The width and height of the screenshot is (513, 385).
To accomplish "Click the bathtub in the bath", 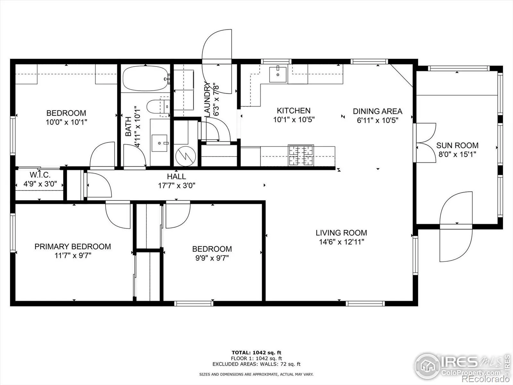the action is coord(145,78).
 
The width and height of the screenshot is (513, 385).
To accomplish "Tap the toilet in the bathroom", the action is coord(158,107).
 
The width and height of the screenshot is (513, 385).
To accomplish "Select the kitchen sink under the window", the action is coord(278,74).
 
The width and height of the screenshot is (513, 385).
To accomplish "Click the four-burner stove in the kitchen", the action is coord(301,155).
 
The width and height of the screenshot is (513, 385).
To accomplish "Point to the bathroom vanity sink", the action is coord(159,143).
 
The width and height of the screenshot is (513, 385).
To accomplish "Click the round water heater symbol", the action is coord(186,156).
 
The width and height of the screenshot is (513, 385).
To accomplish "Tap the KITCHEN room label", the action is coord(294,111).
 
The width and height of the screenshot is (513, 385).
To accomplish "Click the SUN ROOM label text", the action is coord(457,145).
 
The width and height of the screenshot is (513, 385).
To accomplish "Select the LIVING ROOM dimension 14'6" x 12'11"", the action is coord(341,242).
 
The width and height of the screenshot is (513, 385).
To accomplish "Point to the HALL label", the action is coord(176,176).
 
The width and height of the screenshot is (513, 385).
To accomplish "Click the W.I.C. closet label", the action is coord(40,175).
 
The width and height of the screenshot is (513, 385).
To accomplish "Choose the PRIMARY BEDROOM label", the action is coord(73,246).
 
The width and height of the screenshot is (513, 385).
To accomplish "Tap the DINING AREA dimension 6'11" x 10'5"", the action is coord(377,120).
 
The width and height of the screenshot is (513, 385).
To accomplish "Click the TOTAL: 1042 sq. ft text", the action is coord(256,353).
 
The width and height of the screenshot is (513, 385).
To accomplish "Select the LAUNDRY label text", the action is coord(207,99).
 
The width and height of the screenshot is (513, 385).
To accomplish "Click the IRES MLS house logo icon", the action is coord(427,366).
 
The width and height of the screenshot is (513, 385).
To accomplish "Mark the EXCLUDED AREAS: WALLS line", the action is coord(256,364).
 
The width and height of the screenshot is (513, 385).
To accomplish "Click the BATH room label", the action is coord(128,126).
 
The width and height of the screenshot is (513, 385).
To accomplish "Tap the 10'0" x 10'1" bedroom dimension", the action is coord(66,122).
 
